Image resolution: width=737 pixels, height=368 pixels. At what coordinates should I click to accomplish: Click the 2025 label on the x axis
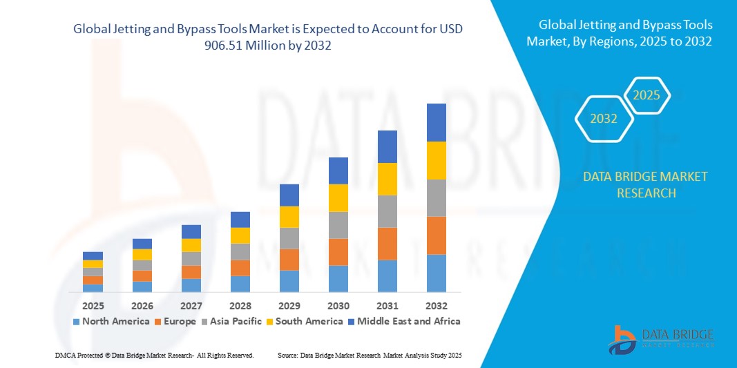pyautogui.click(x=93, y=305)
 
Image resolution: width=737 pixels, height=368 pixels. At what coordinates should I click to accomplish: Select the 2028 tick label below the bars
pyautogui.click(x=240, y=305)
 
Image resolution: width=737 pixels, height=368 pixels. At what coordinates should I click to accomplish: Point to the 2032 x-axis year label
pyautogui.click(x=436, y=305)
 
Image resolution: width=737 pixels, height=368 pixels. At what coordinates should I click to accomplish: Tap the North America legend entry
pyautogui.click(x=111, y=321)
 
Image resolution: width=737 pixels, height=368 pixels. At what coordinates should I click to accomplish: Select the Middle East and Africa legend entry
pyautogui.click(x=406, y=321)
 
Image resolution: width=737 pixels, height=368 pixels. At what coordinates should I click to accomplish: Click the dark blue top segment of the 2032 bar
pyautogui.click(x=436, y=122)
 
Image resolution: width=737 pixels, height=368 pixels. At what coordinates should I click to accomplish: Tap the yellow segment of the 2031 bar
pyautogui.click(x=387, y=179)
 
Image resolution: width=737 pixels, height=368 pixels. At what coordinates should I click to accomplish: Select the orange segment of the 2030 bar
pyautogui.click(x=338, y=252)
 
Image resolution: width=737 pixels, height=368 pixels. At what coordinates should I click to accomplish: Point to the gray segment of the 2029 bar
pyautogui.click(x=289, y=238)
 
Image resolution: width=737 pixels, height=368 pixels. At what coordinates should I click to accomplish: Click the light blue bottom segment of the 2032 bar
pyautogui.click(x=436, y=273)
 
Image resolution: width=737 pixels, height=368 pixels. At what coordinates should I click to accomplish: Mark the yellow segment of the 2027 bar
pyautogui.click(x=191, y=245)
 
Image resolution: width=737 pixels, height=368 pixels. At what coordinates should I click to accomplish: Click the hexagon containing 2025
pyautogui.click(x=647, y=95)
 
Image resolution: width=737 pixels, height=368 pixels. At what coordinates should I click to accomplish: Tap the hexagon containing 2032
pyautogui.click(x=604, y=119)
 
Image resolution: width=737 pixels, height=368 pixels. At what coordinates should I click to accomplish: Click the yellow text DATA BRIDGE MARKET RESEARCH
pyautogui.click(x=645, y=185)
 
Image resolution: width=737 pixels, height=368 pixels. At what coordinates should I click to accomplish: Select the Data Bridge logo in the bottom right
pyautogui.click(x=660, y=338)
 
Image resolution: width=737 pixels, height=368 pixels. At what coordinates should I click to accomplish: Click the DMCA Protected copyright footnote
pyautogui.click(x=154, y=355)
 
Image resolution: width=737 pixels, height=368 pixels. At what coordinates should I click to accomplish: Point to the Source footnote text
pyautogui.click(x=369, y=355)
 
